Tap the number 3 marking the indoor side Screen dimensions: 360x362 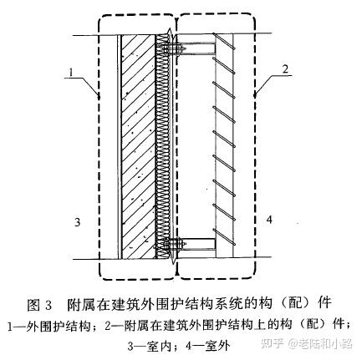(76, 221)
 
